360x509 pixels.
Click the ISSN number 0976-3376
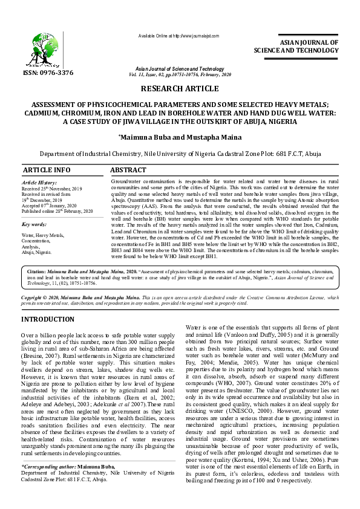click(48, 73)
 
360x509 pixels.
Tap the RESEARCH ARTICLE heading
click(179, 89)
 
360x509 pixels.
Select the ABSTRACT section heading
click(128, 170)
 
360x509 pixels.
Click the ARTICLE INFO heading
click(46, 170)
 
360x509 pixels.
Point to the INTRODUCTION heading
click(48, 319)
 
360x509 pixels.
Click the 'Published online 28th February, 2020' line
click(57, 211)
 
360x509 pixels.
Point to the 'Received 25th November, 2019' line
click(51, 189)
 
